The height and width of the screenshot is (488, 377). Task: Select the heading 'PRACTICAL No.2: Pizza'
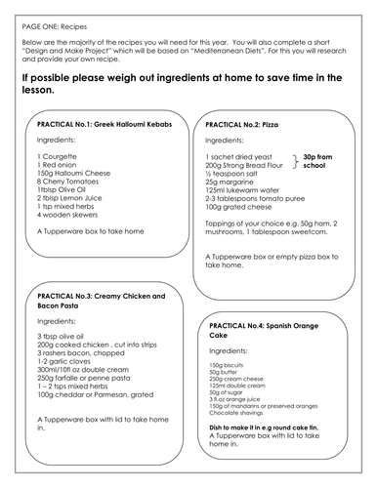(x=245, y=126)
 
